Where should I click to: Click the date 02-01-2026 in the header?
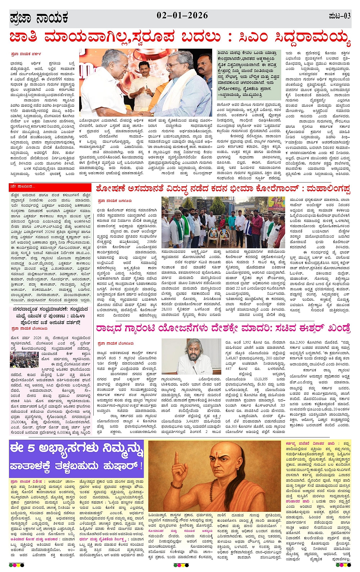point(182,16)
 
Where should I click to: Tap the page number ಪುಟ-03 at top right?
point(339,16)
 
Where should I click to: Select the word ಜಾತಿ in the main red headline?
point(23,38)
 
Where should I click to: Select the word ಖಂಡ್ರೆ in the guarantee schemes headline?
point(335,328)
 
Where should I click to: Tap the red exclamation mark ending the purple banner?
point(141,466)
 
